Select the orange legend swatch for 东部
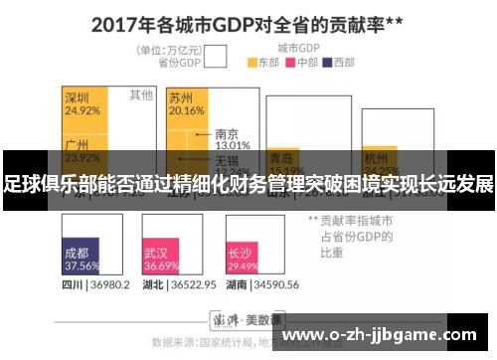click(252, 62)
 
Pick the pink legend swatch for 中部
click(291, 62)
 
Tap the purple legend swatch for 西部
click(329, 62)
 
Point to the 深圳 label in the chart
click(78, 98)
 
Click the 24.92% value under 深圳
click(82, 110)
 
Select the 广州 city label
click(78, 144)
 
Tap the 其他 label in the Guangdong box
click(141, 95)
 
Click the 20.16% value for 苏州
click(186, 110)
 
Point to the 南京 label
click(227, 133)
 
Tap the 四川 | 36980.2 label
click(95, 284)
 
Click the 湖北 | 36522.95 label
click(179, 284)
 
